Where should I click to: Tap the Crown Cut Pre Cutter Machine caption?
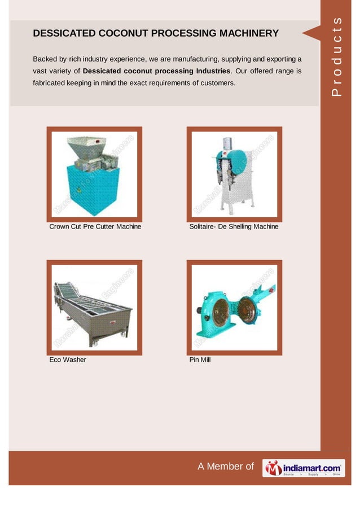tap(95, 227)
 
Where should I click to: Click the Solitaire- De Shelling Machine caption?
tap(234, 227)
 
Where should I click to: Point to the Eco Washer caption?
tap(68, 359)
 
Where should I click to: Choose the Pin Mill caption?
tap(200, 359)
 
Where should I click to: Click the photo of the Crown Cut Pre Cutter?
tap(94, 174)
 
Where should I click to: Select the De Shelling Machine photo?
tap(234, 174)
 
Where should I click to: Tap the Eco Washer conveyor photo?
tap(94, 308)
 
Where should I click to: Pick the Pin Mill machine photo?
tap(234, 308)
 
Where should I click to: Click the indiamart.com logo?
tap(304, 467)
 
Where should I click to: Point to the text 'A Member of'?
tap(226, 466)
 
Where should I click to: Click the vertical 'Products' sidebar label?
tap(337, 56)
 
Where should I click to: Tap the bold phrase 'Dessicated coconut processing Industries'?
tap(156, 71)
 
